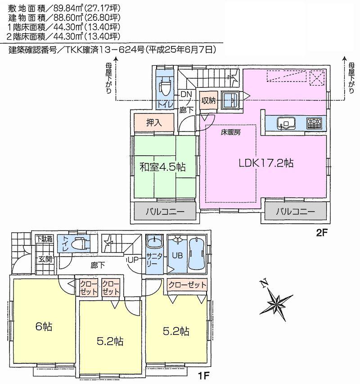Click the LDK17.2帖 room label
(x=266, y=163)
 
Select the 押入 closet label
(x=153, y=122)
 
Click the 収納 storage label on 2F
(x=209, y=100)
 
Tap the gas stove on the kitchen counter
(x=314, y=122)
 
